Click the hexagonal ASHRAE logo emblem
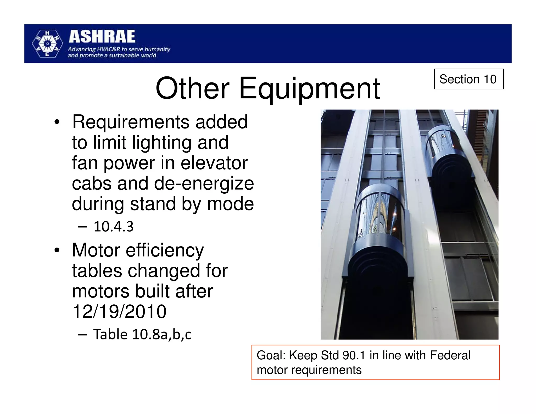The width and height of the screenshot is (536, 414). (47, 44)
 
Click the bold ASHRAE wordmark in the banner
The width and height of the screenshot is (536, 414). (102, 37)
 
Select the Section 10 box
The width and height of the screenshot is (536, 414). (468, 79)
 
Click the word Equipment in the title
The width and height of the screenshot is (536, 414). (309, 89)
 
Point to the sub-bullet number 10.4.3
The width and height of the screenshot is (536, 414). (114, 227)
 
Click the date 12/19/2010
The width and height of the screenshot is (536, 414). (119, 311)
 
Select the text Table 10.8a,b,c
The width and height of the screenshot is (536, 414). (142, 335)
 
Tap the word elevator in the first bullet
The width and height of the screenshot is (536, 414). (214, 163)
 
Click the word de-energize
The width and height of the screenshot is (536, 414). (204, 183)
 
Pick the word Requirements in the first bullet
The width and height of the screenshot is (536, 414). (131, 122)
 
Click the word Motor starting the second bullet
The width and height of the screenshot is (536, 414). (96, 250)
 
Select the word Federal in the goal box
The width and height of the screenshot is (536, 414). (450, 355)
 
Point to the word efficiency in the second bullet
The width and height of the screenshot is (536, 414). (165, 250)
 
